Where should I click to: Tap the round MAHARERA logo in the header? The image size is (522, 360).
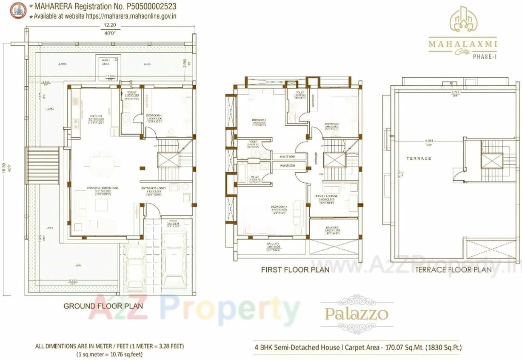pyautogui.click(x=18, y=11)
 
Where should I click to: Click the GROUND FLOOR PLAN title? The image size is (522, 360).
pyautogui.click(x=103, y=306)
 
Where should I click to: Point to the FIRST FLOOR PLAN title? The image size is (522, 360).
pyautogui.click(x=295, y=270)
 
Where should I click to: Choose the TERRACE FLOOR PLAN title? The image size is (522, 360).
pyautogui.click(x=453, y=269)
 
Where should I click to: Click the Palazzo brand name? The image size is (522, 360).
pyautogui.click(x=357, y=314)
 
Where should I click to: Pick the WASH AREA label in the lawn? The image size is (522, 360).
pyautogui.click(x=106, y=62)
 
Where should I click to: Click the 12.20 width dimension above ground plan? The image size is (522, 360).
pyautogui.click(x=111, y=26)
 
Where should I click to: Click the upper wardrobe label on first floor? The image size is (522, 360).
pyautogui.click(x=287, y=156)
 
